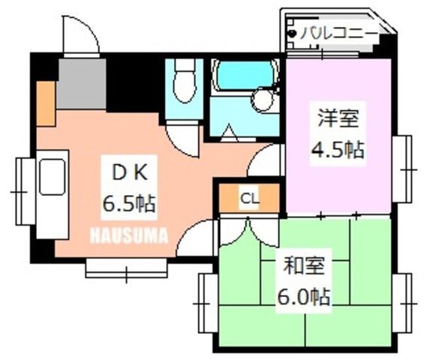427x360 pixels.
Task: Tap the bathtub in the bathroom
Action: [245, 75]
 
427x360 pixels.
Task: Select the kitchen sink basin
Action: [53, 178]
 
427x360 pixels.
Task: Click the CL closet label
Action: [249, 199]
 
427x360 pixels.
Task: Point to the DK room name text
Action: [130, 172]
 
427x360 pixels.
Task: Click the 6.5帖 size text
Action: [129, 203]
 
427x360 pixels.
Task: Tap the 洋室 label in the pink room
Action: [338, 118]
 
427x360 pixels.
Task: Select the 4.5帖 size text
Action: [338, 150]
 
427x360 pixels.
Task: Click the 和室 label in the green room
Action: [304, 265]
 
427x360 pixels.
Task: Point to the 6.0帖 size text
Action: [304, 296]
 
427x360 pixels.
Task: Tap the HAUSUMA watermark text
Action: [129, 235]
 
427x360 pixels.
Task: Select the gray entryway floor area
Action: [82, 84]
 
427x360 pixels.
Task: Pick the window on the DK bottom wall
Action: [126, 268]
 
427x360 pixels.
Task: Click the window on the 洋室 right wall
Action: [402, 169]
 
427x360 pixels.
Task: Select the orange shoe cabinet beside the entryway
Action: [47, 103]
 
